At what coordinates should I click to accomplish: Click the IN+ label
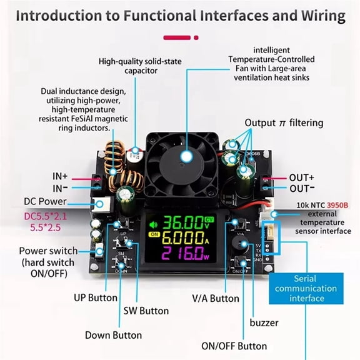(60, 176)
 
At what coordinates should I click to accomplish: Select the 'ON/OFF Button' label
(234, 346)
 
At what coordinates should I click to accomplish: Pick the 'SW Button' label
(145, 310)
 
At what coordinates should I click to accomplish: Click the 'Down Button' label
(113, 335)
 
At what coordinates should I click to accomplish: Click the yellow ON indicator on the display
(154, 234)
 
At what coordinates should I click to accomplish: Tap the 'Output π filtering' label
(284, 122)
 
